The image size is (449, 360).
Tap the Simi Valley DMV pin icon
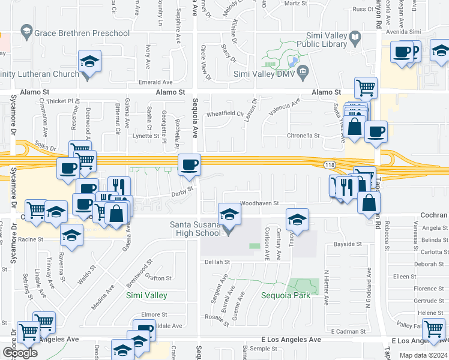[303, 73]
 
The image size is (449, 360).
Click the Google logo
[20, 353]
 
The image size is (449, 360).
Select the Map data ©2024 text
[423, 355]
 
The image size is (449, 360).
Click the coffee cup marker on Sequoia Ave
[190, 164]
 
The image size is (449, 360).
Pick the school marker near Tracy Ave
[297, 220]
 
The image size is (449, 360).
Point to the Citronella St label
[304, 136]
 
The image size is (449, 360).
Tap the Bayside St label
[348, 244]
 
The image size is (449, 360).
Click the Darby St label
[181, 191]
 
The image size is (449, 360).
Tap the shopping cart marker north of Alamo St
[366, 88]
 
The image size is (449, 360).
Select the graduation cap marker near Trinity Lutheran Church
[89, 62]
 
